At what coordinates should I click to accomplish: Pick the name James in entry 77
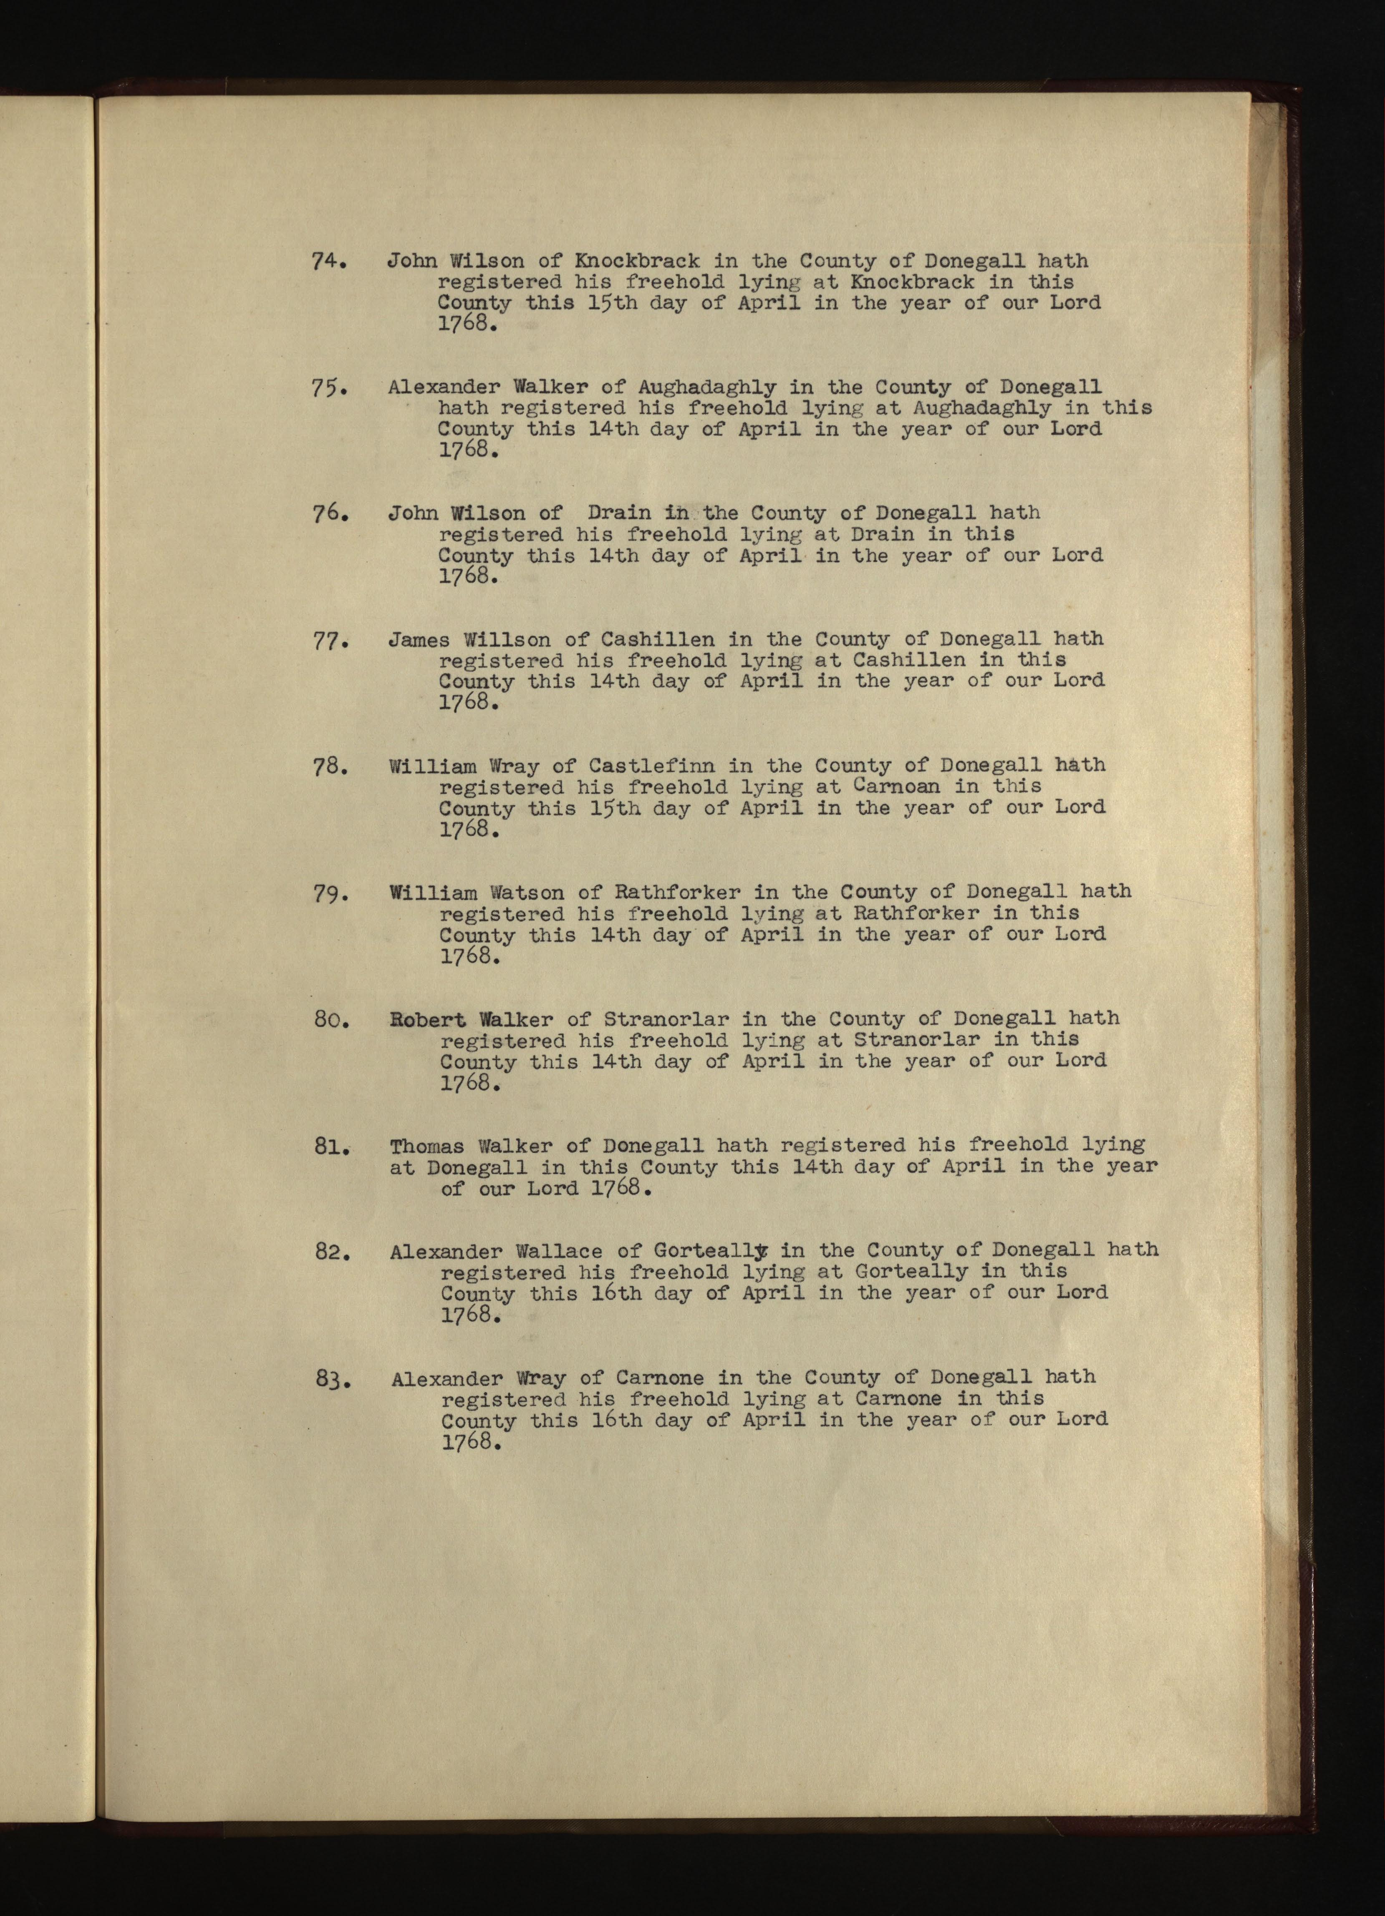[419, 640]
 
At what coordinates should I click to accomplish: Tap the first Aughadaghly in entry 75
[707, 388]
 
